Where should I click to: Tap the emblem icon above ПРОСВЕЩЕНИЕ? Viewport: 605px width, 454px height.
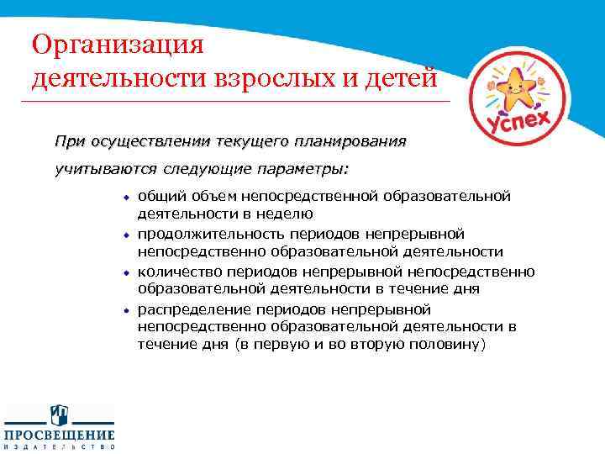[x=59, y=414]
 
